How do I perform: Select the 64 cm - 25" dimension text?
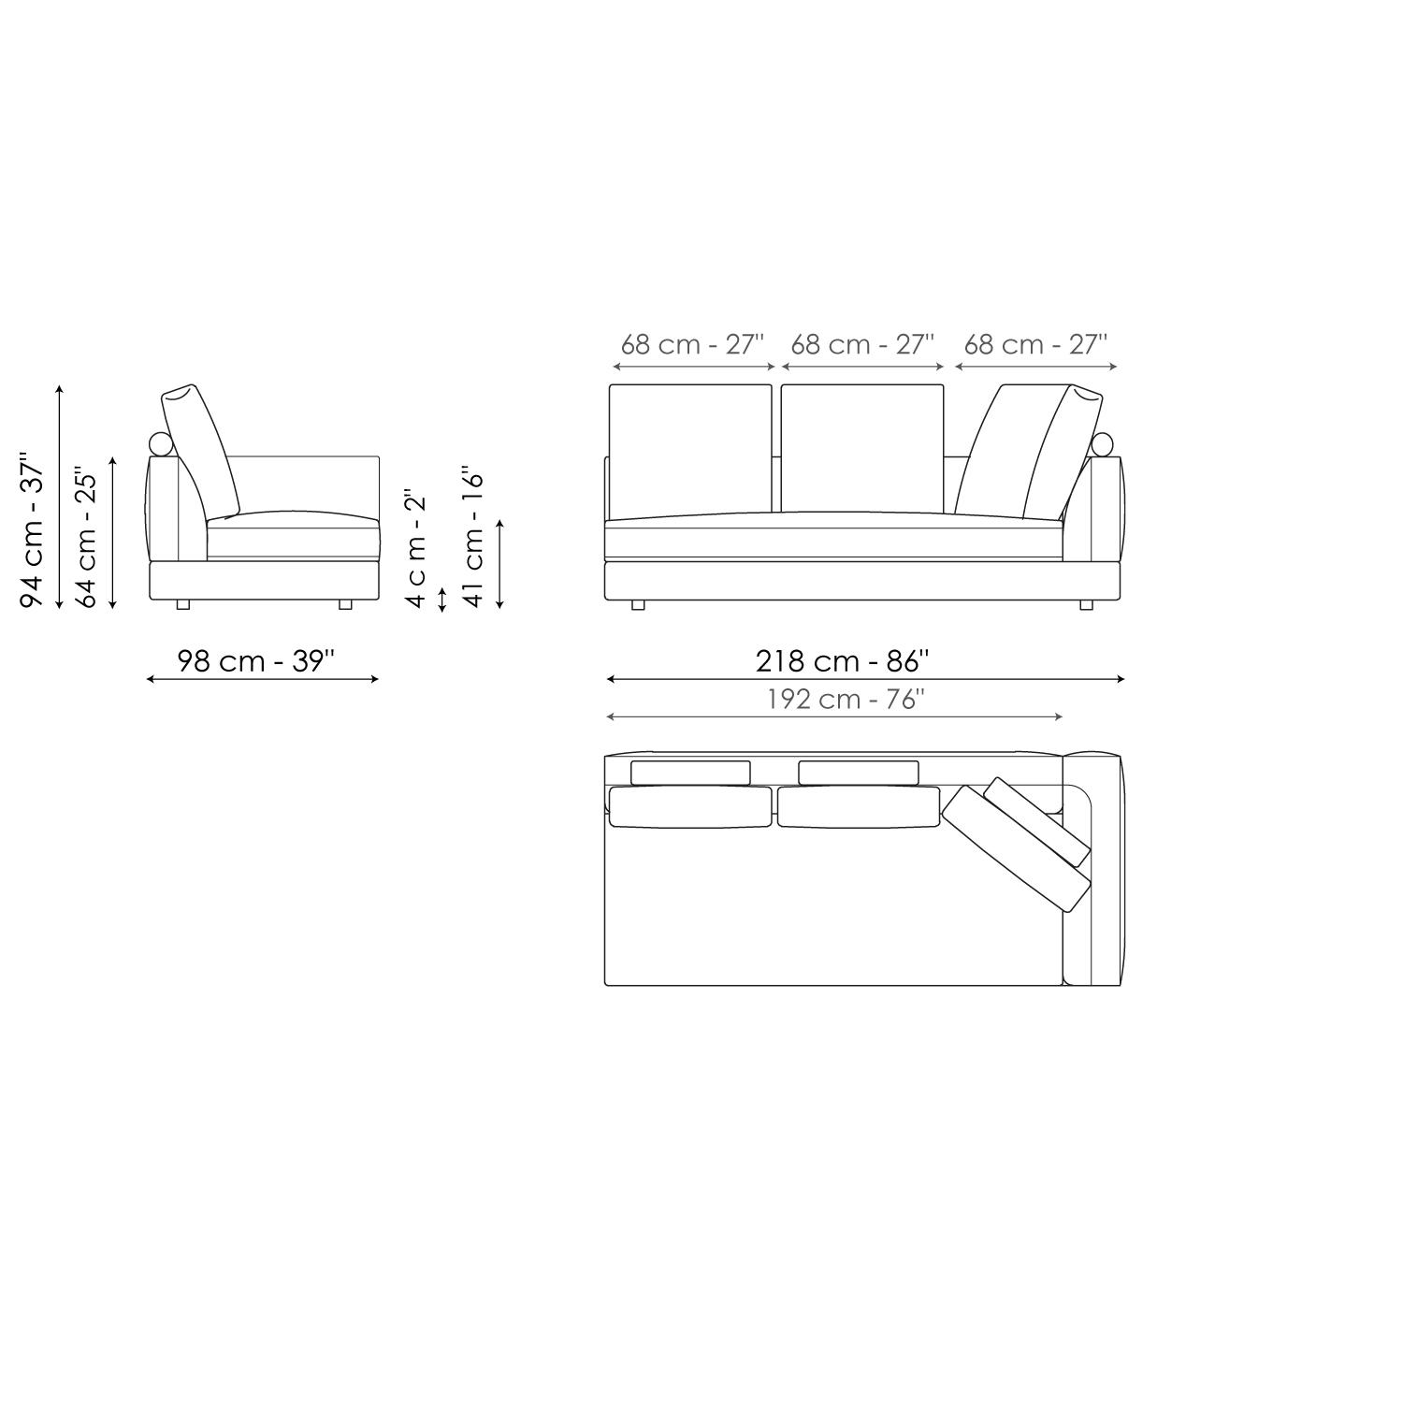[86, 537]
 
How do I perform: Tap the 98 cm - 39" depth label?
[255, 661]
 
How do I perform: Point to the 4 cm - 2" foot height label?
[416, 547]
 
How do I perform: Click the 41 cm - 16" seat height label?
[474, 538]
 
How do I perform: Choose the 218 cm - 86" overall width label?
[842, 661]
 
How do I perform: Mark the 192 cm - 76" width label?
[846, 700]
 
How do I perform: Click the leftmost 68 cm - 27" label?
[692, 344]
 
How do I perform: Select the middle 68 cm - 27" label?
[862, 344]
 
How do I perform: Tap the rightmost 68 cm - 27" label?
[1035, 344]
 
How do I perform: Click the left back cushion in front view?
[690, 447]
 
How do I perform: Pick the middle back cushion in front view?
[862, 447]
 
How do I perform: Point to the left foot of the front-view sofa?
[638, 605]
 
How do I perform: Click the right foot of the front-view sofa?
[1086, 605]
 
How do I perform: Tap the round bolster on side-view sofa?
[161, 444]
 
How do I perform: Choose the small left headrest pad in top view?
[690, 773]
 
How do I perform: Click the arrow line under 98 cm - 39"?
[262, 679]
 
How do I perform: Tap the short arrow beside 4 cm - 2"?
[442, 599]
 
